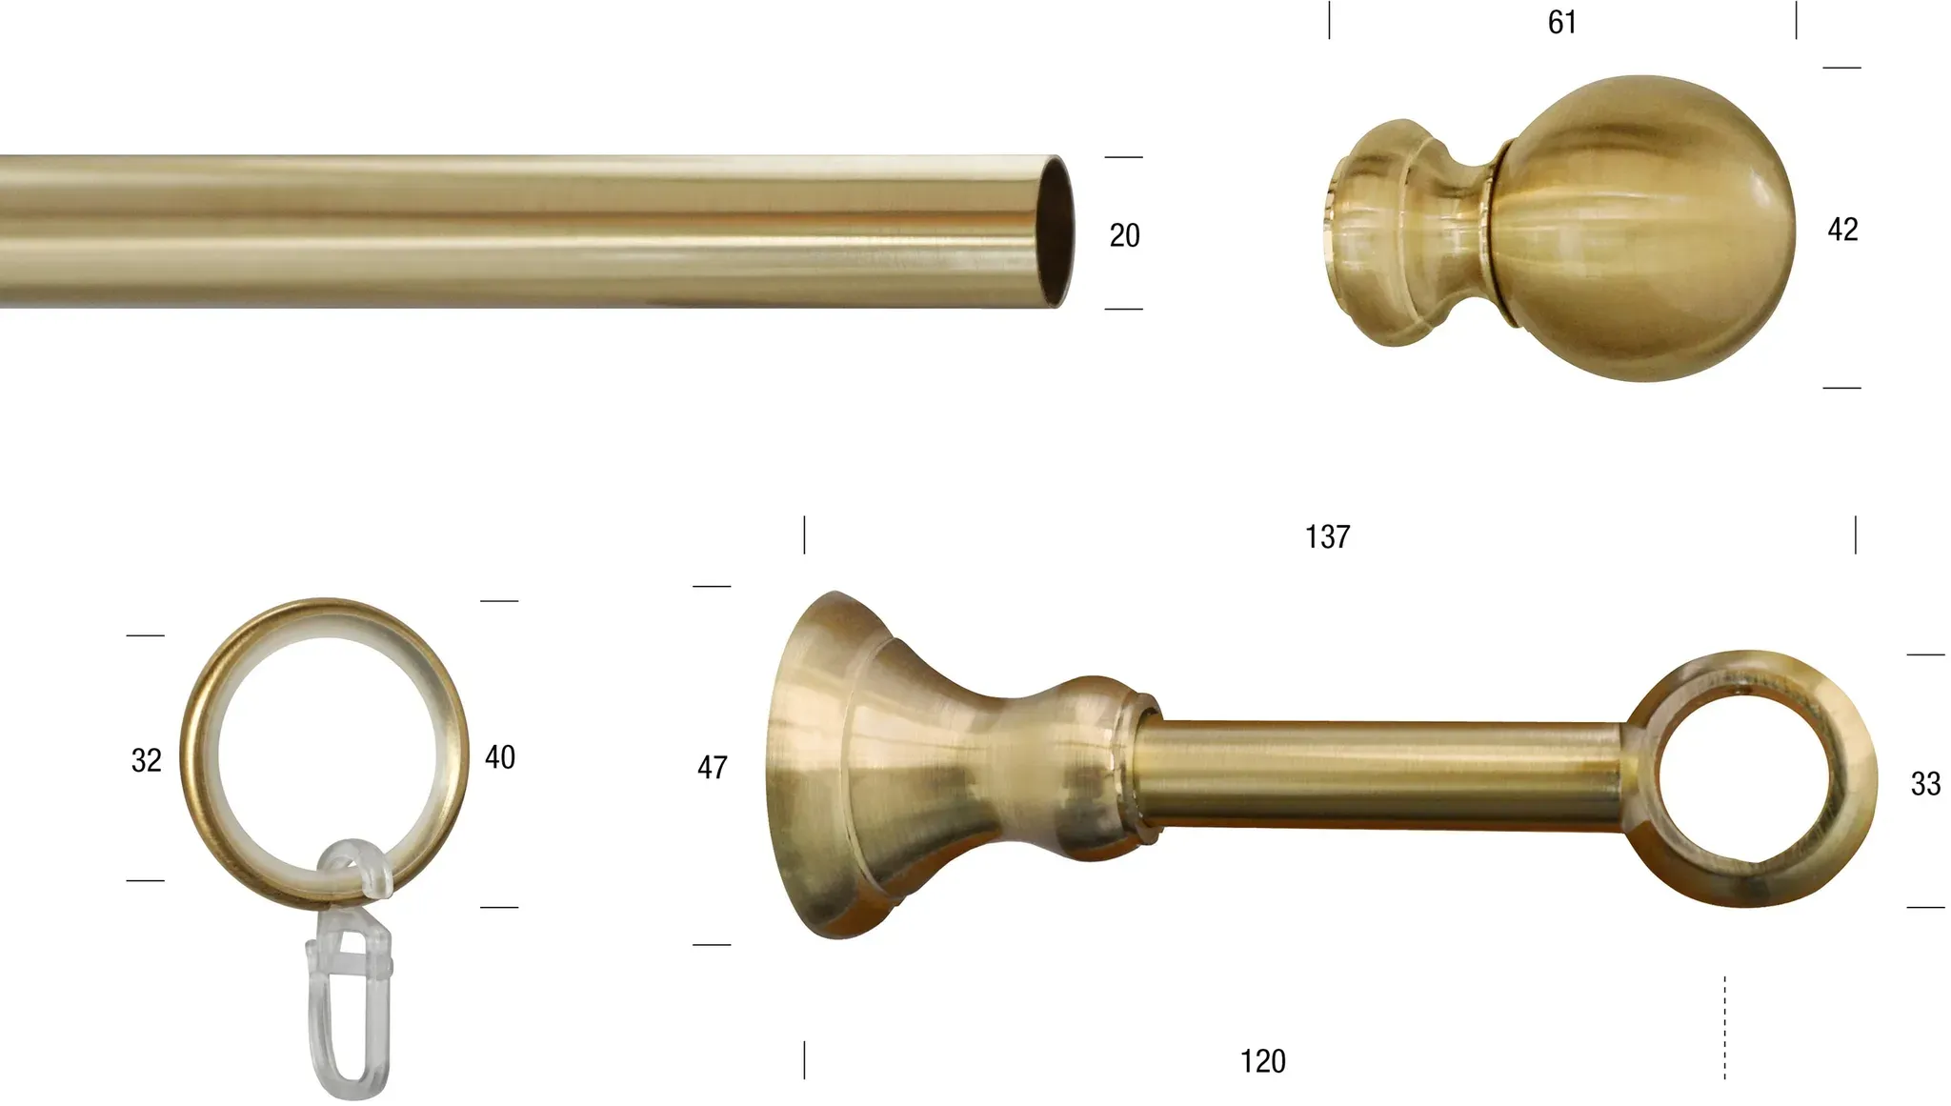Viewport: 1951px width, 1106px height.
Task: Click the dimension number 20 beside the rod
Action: pos(1124,235)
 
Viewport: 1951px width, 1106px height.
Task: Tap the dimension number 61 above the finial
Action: pos(1561,22)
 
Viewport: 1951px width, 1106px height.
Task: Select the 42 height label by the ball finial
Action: pos(1842,230)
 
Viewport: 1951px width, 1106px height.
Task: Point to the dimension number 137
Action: pos(1327,537)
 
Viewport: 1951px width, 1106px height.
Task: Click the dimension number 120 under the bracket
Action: pos(1262,1061)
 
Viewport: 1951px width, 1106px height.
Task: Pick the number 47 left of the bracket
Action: pos(713,768)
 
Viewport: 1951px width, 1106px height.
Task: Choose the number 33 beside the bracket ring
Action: pos(1925,784)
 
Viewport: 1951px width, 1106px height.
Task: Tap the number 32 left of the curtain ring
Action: pos(147,760)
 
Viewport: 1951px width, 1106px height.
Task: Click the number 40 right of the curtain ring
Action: pos(500,757)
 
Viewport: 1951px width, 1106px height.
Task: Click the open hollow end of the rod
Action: pos(1055,231)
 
